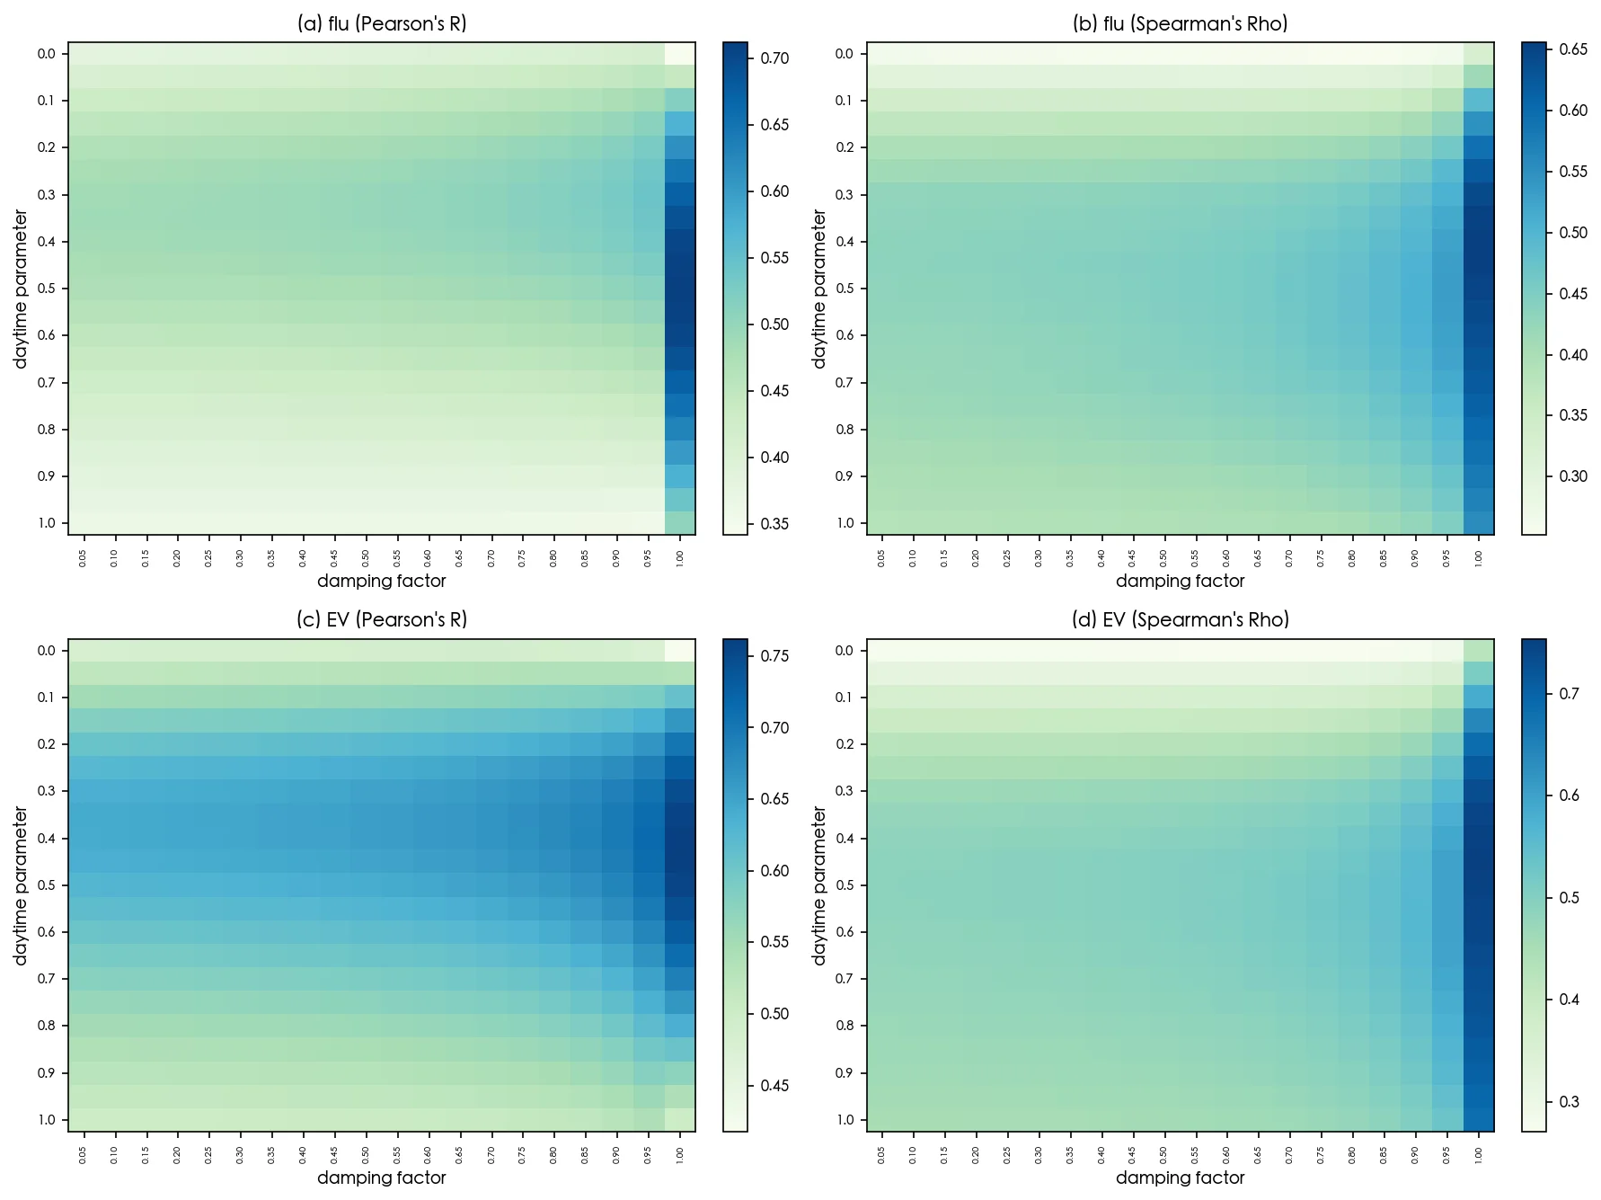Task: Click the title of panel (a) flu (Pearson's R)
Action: [382, 24]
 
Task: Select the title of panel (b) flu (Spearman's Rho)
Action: [1180, 24]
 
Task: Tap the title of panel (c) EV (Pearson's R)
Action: [382, 620]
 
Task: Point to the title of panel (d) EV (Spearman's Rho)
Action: [1180, 620]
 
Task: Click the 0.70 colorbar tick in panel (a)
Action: [774, 58]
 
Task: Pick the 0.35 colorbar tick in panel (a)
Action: [774, 524]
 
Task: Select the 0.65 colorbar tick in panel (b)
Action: [1573, 49]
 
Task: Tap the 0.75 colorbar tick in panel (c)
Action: [774, 656]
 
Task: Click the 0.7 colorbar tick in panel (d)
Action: [1570, 694]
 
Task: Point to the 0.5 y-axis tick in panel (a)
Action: [47, 289]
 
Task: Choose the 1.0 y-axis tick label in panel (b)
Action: [845, 523]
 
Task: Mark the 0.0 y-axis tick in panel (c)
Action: [47, 651]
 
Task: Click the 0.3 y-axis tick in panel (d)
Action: [845, 791]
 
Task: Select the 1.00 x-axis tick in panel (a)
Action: [679, 558]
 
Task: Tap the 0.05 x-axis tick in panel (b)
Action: [881, 558]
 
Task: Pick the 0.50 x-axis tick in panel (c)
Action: [366, 1155]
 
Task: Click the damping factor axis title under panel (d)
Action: [1180, 1178]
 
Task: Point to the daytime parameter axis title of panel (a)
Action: [21, 289]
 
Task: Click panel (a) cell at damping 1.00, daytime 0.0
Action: [679, 54]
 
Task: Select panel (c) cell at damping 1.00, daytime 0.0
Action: [679, 651]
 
